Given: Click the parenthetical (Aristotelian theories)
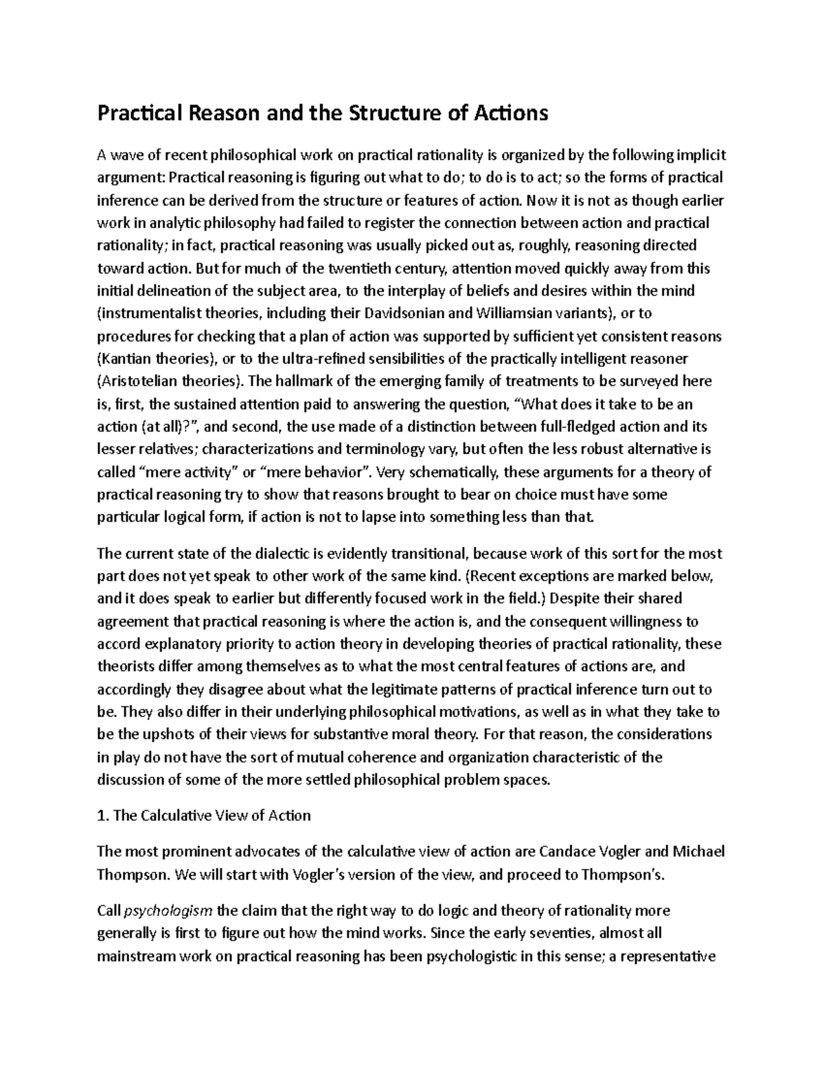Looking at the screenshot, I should [170, 382].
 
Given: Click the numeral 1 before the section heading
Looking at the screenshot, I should [101, 816].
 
